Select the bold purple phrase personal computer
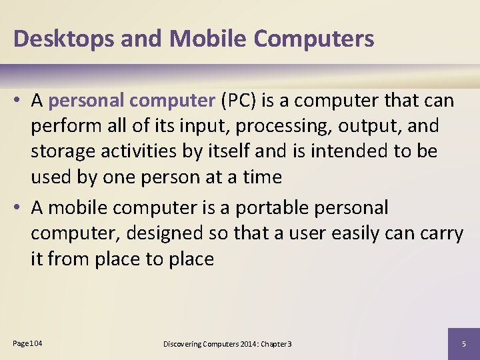coord(130,101)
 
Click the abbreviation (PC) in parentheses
coord(238,101)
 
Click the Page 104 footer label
coord(27,343)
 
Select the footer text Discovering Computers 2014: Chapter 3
coord(227,344)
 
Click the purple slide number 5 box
coord(463,343)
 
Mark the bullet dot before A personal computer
coord(19,101)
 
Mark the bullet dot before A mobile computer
coord(19,208)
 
